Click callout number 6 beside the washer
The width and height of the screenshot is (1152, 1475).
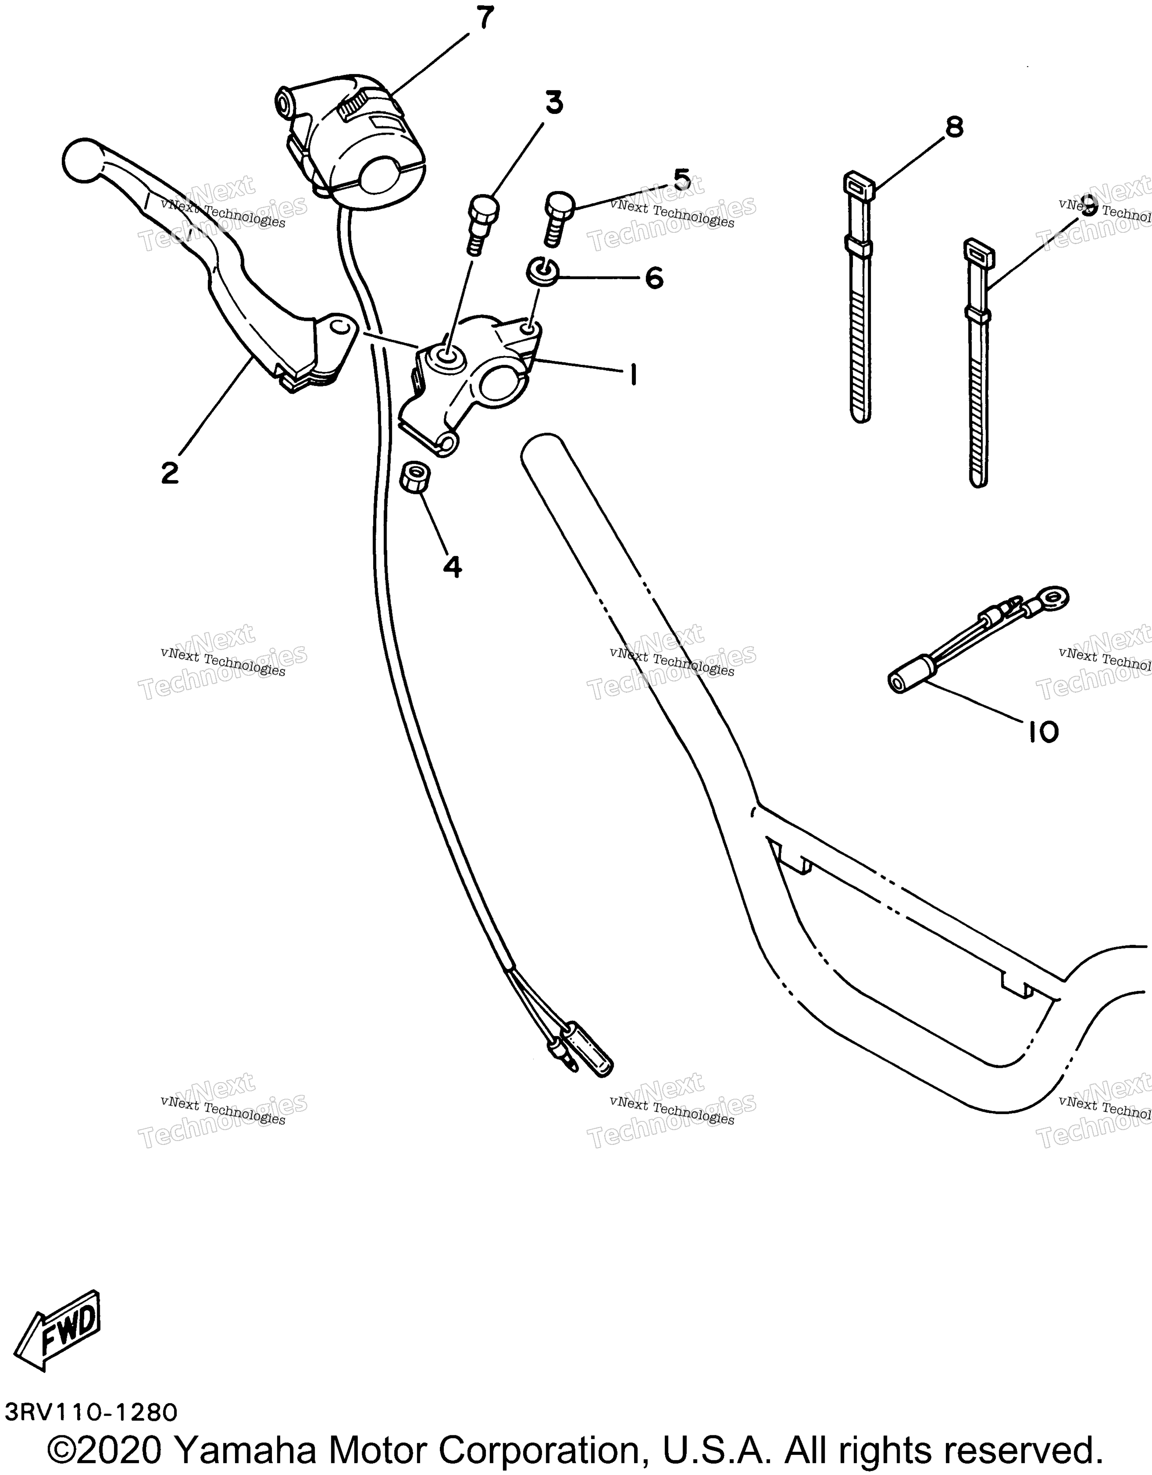coord(654,278)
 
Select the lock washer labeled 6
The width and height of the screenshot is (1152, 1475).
coord(542,272)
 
